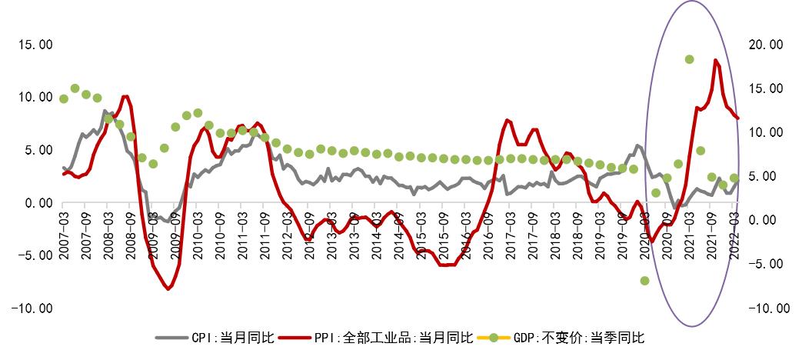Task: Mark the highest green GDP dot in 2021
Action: [x=690, y=59]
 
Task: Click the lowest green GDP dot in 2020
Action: [x=644, y=281]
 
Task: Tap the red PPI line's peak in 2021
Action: [x=716, y=60]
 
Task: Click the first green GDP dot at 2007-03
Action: [x=64, y=98]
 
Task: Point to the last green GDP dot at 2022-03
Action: [x=734, y=178]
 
